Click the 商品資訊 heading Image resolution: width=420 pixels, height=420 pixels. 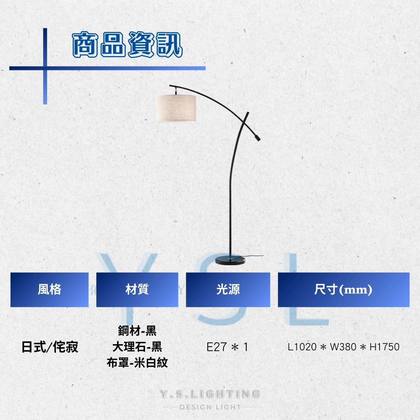(128, 45)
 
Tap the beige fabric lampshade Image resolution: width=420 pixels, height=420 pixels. (176, 108)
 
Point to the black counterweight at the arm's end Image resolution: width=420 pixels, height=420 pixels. (257, 138)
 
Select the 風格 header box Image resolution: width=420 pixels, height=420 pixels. (49, 290)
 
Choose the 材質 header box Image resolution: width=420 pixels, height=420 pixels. (137, 290)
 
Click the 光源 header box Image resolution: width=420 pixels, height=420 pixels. (228, 290)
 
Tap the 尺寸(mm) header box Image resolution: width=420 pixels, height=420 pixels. (344, 290)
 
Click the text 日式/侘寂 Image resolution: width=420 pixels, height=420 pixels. (50, 347)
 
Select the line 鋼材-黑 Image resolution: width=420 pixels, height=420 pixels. (137, 331)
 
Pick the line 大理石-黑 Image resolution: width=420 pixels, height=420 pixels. (137, 347)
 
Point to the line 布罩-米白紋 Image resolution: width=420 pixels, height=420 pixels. (137, 363)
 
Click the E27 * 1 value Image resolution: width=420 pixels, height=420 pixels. (227, 347)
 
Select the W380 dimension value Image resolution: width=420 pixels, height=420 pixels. (343, 347)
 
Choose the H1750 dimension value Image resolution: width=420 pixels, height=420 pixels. (385, 347)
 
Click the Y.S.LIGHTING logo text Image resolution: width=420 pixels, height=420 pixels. (210, 394)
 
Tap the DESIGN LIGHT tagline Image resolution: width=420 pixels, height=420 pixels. (210, 407)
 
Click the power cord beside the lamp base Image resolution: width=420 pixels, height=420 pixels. (254, 257)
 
